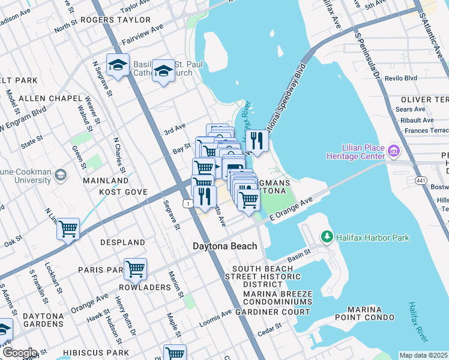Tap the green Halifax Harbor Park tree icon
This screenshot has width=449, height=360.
click(x=327, y=238)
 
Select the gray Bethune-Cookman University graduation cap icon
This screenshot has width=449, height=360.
click(x=60, y=175)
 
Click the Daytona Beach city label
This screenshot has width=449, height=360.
click(x=224, y=246)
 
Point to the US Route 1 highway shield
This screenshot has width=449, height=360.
click(x=188, y=205)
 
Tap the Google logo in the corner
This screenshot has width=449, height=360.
click(x=19, y=353)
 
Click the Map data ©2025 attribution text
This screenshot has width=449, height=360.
click(x=424, y=355)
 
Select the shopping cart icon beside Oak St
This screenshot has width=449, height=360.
click(x=68, y=228)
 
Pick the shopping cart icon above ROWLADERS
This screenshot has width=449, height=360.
click(x=136, y=269)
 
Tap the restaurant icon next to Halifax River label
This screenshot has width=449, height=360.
click(x=257, y=141)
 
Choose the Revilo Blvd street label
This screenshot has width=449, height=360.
click(x=402, y=78)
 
